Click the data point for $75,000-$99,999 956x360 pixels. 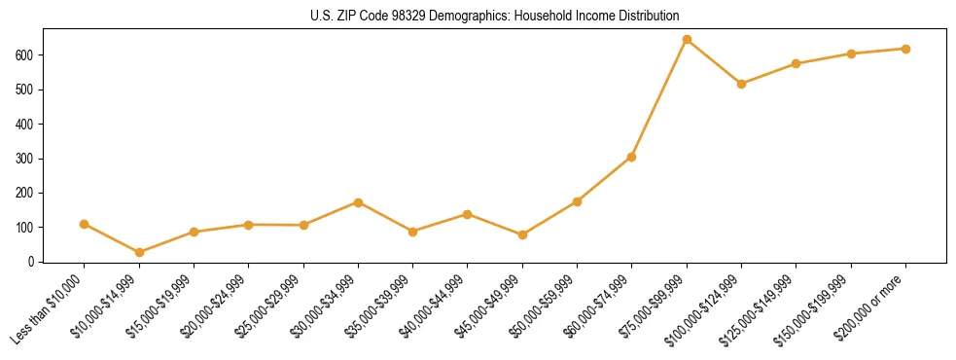click(x=687, y=40)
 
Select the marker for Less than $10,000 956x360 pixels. click(x=85, y=224)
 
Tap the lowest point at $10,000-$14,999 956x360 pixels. click(x=139, y=252)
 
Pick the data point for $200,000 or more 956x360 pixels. click(x=905, y=49)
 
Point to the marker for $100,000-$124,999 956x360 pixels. click(x=741, y=84)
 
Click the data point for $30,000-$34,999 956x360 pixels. click(x=358, y=202)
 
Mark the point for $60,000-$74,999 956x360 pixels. click(x=632, y=157)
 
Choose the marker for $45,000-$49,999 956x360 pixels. click(x=522, y=234)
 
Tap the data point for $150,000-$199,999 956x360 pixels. click(x=851, y=54)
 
